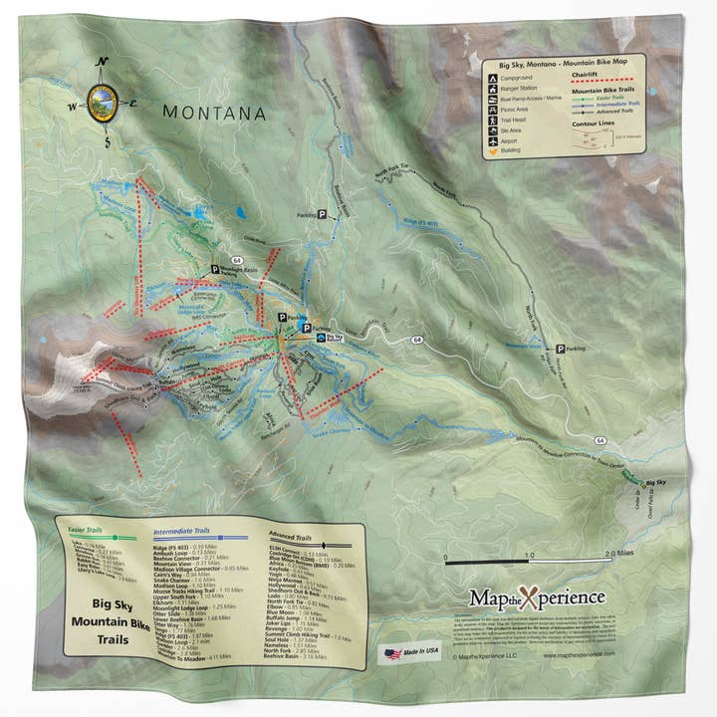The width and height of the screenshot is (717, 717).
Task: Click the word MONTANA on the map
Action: (214, 114)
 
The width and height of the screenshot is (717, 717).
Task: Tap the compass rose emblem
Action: (101, 102)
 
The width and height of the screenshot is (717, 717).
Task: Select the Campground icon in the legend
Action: (493, 78)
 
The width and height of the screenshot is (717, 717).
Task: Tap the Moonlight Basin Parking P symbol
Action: (214, 269)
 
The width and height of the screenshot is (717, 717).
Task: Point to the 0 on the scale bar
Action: (446, 557)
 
